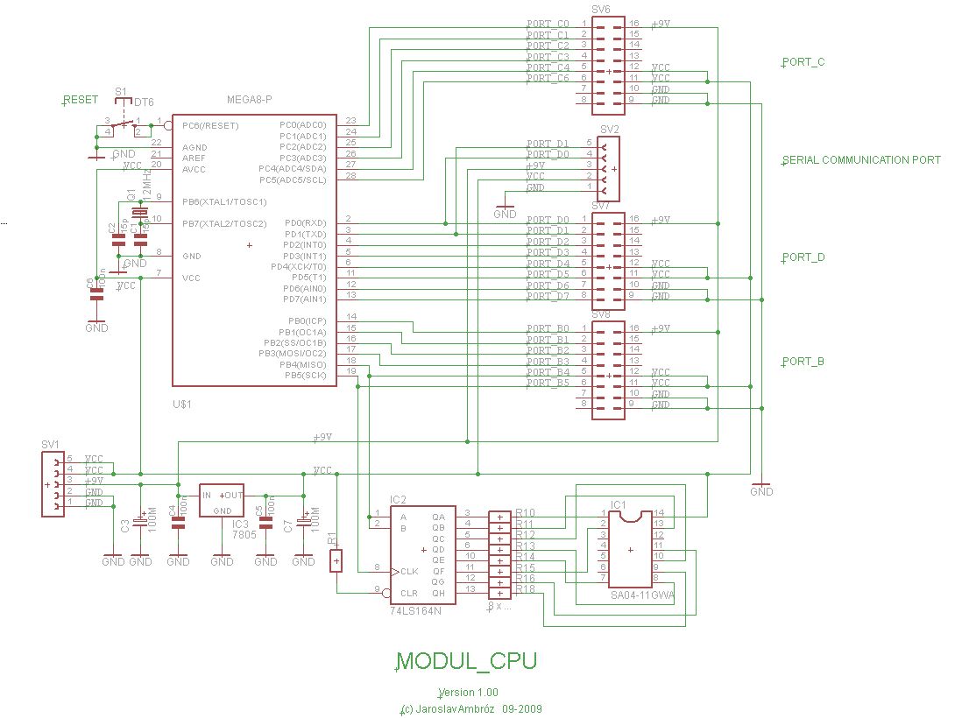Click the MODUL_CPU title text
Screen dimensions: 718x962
coord(467,661)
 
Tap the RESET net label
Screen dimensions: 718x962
coord(81,100)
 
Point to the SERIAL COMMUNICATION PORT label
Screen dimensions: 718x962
coord(862,160)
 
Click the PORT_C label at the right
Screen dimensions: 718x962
coord(803,62)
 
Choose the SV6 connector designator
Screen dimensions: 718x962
coord(601,9)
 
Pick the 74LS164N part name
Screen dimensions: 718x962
coord(416,611)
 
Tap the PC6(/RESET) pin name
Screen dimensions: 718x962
coord(210,126)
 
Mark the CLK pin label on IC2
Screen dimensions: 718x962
coord(410,571)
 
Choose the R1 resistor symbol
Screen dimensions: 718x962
coord(336,560)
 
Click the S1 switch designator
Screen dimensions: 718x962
coord(121,90)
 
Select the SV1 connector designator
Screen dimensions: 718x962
coord(51,445)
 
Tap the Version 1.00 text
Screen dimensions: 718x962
coord(474,693)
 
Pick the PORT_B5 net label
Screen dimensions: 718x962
coord(548,384)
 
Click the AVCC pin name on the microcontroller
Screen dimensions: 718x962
coord(194,169)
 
